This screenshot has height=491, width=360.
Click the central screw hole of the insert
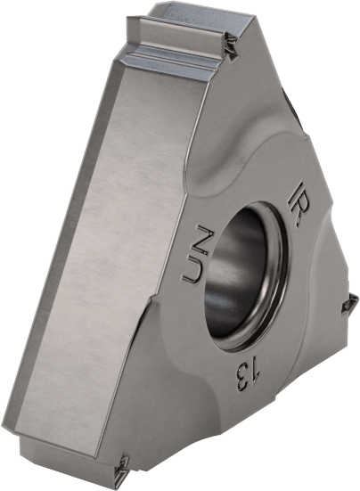click(243, 273)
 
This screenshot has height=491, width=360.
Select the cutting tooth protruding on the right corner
click(348, 304)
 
